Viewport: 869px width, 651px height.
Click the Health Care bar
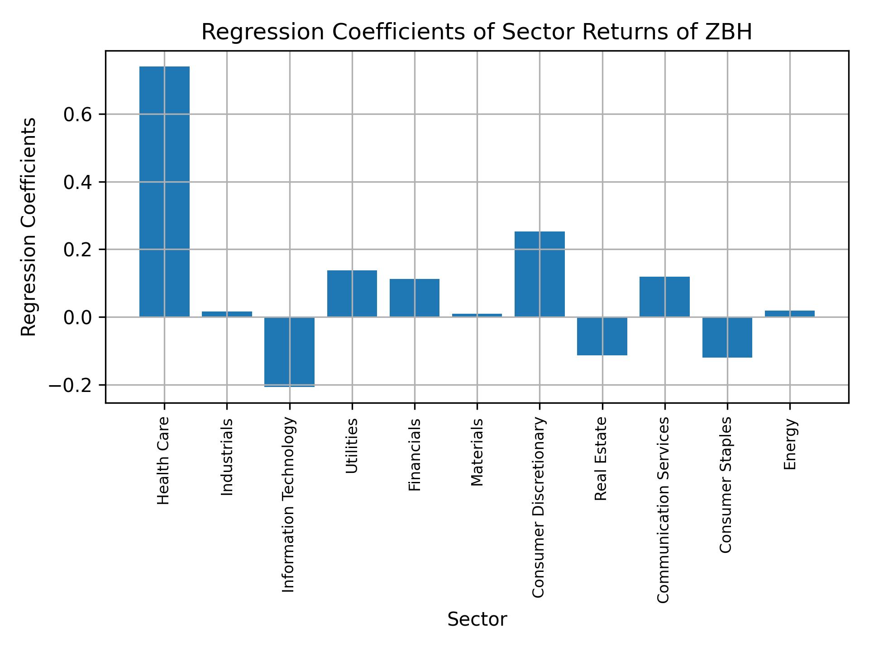click(164, 192)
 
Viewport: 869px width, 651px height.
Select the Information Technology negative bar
click(290, 352)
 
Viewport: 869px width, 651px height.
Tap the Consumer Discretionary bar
click(540, 274)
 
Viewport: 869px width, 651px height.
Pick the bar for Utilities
click(352, 293)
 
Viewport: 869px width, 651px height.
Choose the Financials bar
click(415, 298)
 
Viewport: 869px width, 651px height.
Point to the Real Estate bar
click(602, 336)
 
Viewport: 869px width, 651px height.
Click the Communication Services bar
click(664, 297)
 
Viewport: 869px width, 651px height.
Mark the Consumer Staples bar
click(727, 337)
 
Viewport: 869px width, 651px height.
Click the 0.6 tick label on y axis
click(77, 115)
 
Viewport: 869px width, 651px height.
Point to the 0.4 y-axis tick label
click(77, 183)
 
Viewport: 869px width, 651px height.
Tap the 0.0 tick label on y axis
click(77, 318)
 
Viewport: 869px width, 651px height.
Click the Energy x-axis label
click(790, 444)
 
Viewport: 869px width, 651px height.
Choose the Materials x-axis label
click(477, 453)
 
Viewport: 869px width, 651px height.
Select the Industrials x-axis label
click(227, 457)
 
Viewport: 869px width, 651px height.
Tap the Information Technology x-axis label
click(289, 505)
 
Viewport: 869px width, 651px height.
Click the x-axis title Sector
click(477, 620)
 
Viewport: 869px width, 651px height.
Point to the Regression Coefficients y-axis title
click(29, 227)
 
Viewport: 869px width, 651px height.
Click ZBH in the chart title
click(730, 33)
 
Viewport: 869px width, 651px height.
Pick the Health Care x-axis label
click(163, 461)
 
